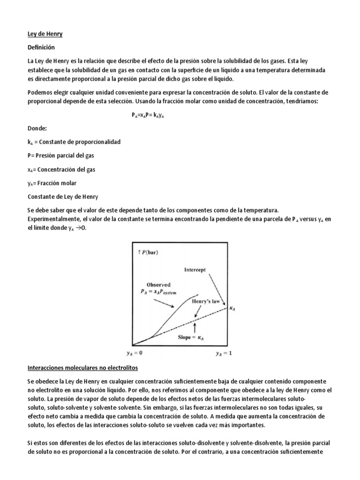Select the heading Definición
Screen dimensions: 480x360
click(41, 48)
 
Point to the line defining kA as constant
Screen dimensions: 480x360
click(74, 142)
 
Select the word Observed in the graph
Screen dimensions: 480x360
click(158, 285)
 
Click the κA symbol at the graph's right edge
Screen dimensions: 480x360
click(232, 308)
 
